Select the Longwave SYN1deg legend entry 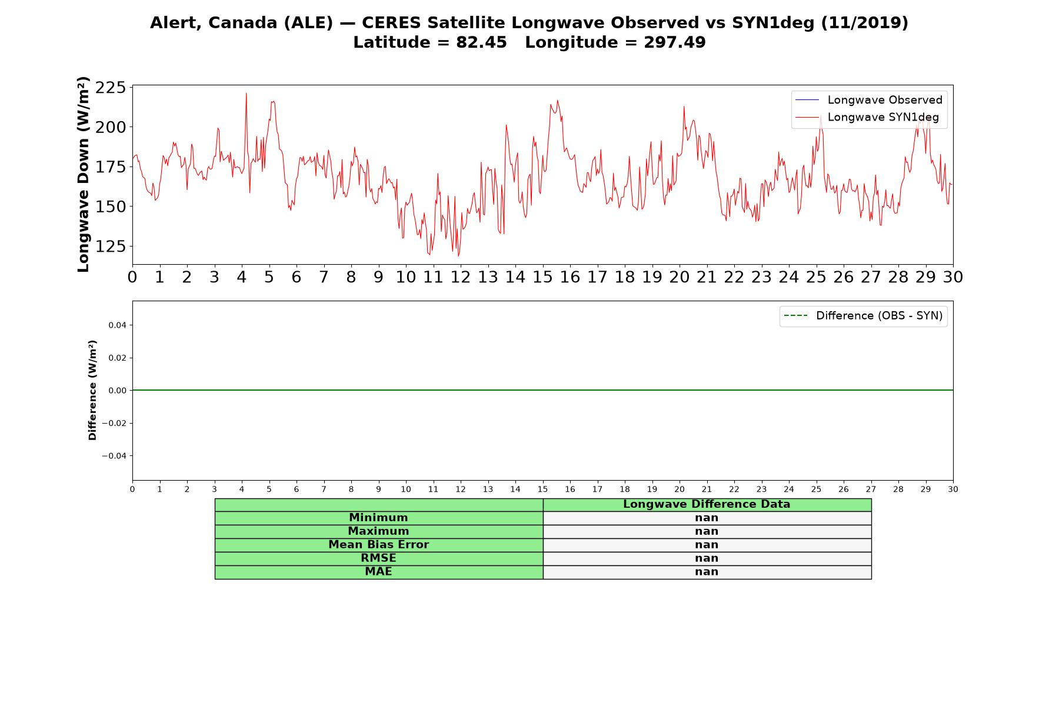coord(867,117)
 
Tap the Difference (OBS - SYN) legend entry coord(863,316)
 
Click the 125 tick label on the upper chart coord(111,246)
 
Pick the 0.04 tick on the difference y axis coord(117,325)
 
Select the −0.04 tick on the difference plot coord(114,456)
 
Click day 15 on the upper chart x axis coord(542,277)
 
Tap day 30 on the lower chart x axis coord(953,489)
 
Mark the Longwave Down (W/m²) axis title coord(83,174)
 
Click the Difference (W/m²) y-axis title coord(92,390)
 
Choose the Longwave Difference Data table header coord(707,504)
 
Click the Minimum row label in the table coord(378,518)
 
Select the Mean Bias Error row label coord(378,545)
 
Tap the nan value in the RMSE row coord(707,558)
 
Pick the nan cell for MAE coord(707,572)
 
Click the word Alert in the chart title coord(172,23)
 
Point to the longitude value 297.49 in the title coord(674,42)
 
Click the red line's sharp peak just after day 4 coord(247,93)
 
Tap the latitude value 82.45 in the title coord(481,42)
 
